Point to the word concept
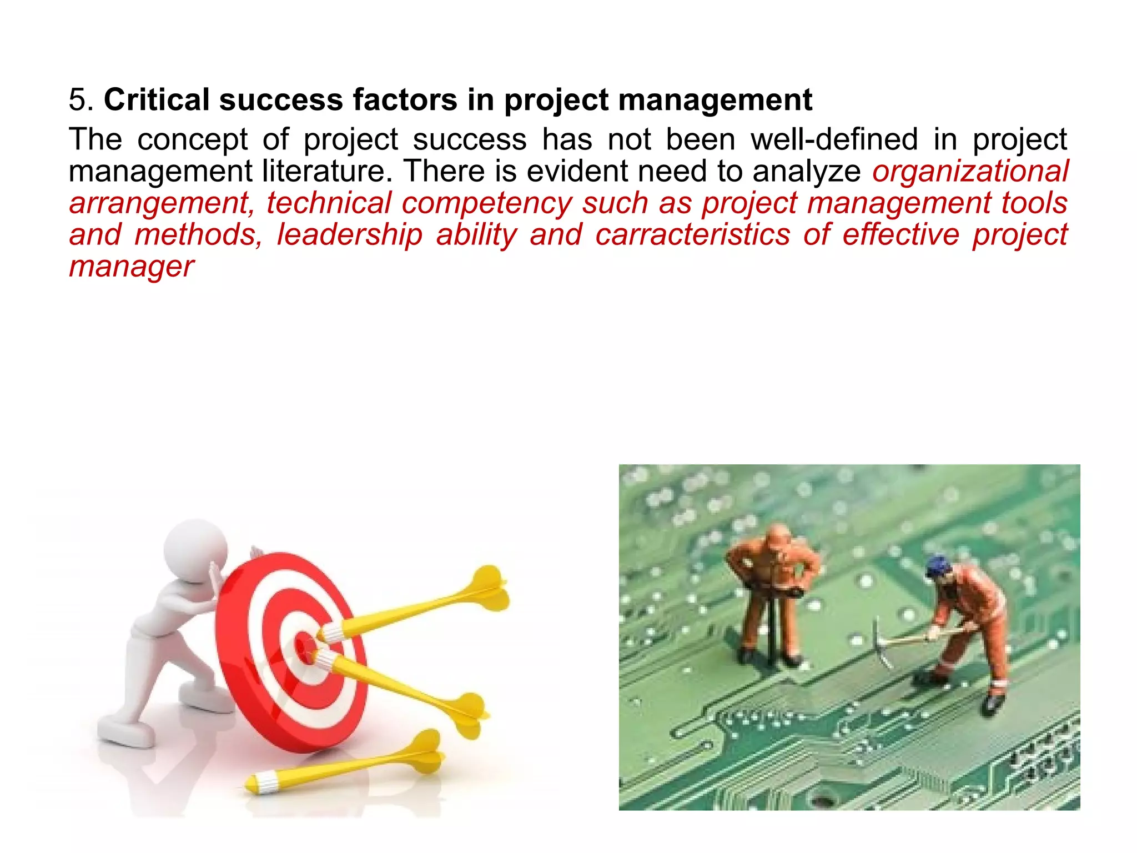[x=192, y=139]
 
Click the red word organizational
[x=970, y=171]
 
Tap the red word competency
[x=487, y=203]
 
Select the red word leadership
[x=350, y=235]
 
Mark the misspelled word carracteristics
[x=692, y=235]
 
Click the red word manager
[x=132, y=267]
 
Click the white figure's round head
[x=195, y=549]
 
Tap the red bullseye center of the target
[x=305, y=647]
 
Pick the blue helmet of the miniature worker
[x=937, y=567]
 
